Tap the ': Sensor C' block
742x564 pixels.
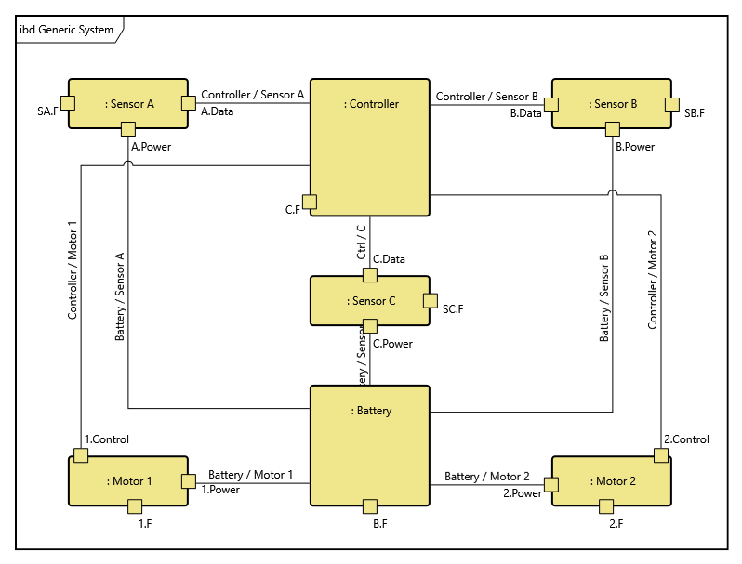[369, 300]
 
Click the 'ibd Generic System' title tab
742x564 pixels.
[67, 30]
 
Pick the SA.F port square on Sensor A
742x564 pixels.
[68, 102]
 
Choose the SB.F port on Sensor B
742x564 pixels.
[670, 103]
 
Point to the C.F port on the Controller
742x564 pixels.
[310, 202]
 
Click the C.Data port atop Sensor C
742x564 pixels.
[369, 275]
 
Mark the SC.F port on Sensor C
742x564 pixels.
[430, 300]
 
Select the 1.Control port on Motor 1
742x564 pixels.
[81, 454]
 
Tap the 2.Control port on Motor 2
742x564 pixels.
[660, 454]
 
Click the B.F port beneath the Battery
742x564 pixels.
[369, 506]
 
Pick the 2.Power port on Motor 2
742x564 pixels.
[551, 483]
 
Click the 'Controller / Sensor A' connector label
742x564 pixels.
[253, 95]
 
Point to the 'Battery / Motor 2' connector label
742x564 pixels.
[486, 476]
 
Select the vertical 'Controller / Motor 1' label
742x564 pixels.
[73, 269]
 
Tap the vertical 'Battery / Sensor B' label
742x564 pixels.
[604, 297]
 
